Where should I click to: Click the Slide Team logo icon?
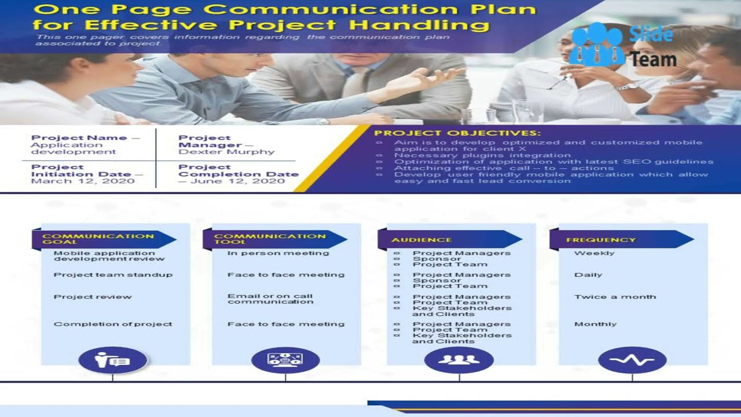597,44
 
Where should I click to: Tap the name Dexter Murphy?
226,152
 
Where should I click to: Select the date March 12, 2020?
83,181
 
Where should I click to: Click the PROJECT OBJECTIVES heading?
457,133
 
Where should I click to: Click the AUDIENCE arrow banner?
449,240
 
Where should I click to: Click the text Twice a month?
615,297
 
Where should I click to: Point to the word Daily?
588,275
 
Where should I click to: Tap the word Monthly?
595,324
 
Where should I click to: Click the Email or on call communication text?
270,299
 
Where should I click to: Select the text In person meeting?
278,253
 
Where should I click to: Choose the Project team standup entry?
113,275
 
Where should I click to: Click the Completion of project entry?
113,324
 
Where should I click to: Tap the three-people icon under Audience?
458,360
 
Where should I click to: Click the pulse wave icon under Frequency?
632,360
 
